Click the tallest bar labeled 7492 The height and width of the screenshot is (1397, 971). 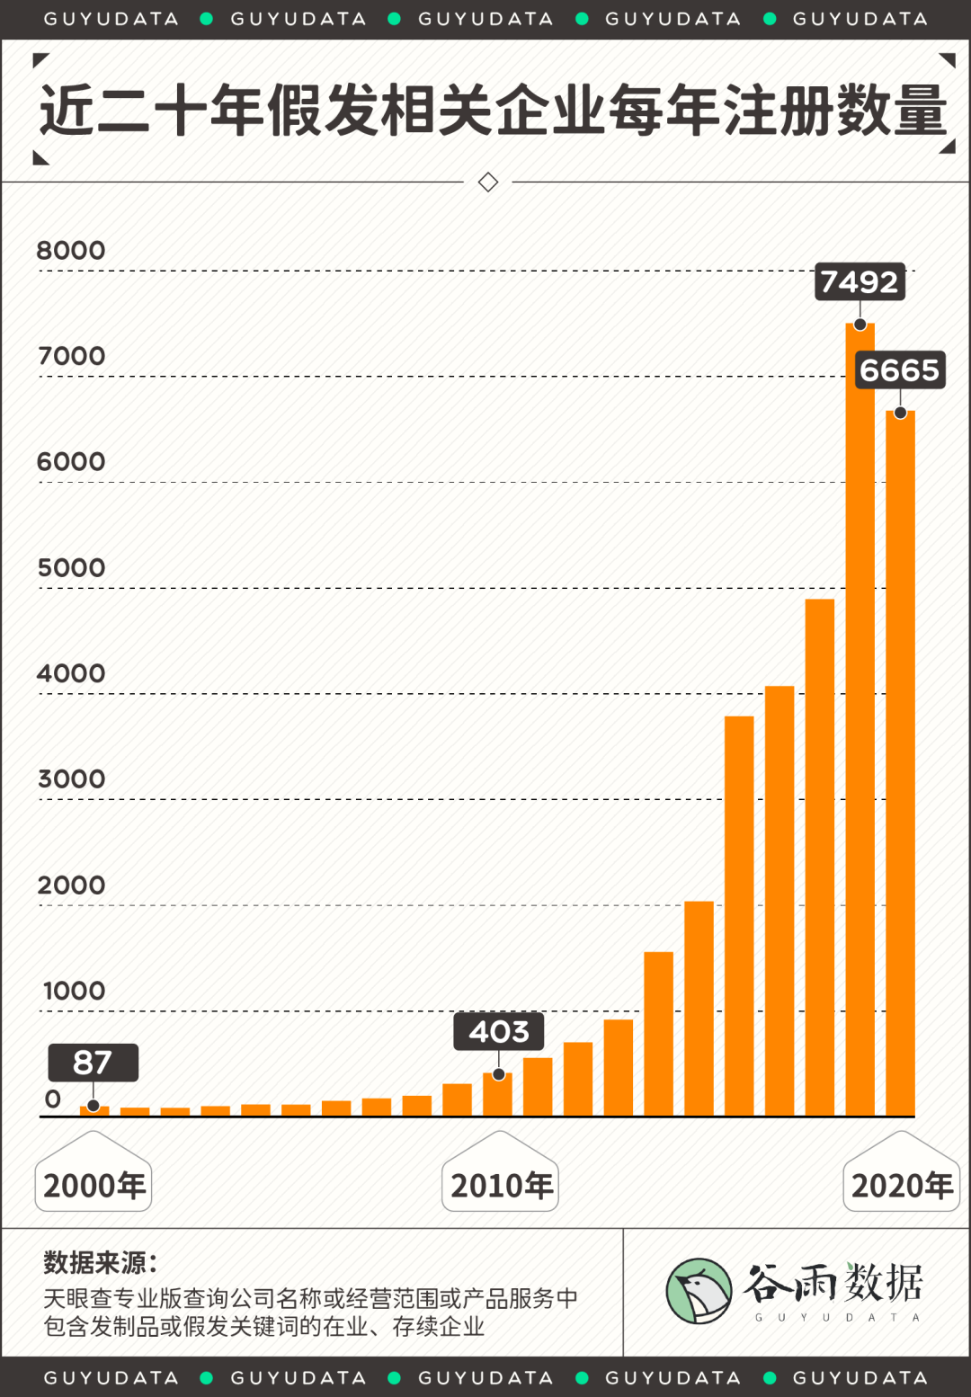(860, 719)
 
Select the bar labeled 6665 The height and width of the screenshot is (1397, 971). (900, 764)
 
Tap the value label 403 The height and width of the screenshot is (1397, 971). (499, 1031)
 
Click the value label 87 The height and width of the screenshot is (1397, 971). (93, 1063)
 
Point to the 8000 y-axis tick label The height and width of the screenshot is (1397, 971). (71, 251)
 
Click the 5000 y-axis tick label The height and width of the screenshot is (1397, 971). (71, 568)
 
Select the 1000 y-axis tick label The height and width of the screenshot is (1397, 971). (74, 991)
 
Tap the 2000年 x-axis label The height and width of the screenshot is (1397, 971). (94, 1185)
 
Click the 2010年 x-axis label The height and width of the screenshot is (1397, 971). (501, 1185)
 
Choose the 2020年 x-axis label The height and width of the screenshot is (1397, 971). (901, 1185)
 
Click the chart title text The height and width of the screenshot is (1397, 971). (493, 111)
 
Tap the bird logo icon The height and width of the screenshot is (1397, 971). (699, 1291)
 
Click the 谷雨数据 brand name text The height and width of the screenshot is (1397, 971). (833, 1283)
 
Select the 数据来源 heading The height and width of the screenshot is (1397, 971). (100, 1262)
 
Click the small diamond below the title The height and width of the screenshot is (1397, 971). (488, 182)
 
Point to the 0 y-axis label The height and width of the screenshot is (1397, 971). (53, 1099)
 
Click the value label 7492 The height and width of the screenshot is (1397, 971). (860, 282)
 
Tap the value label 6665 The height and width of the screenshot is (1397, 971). (899, 369)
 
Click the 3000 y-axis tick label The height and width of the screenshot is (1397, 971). (71, 779)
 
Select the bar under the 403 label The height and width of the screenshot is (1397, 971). (497, 1095)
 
